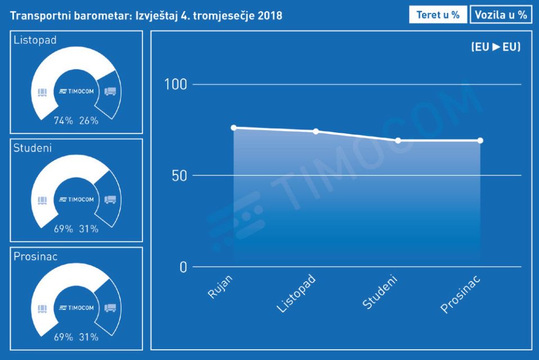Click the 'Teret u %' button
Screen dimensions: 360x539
point(438,15)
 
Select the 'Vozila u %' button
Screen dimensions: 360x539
point(501,15)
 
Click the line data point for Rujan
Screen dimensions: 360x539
point(233,128)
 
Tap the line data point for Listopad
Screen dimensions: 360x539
point(316,132)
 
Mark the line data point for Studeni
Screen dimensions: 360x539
point(398,141)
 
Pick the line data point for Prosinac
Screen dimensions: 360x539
point(480,141)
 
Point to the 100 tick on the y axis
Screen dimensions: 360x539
point(175,85)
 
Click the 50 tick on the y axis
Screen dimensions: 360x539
point(178,175)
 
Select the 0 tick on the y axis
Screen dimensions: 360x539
point(183,267)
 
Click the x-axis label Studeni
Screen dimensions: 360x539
point(380,292)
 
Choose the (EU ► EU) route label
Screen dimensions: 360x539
point(496,47)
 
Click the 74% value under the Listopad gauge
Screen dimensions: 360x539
point(63,120)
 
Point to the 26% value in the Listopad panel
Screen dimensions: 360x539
point(88,120)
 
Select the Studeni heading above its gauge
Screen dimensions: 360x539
point(33,148)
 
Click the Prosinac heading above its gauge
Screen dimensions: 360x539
point(35,256)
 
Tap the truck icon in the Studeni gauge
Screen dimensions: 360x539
point(110,200)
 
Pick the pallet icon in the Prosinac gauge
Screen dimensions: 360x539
point(42,308)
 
